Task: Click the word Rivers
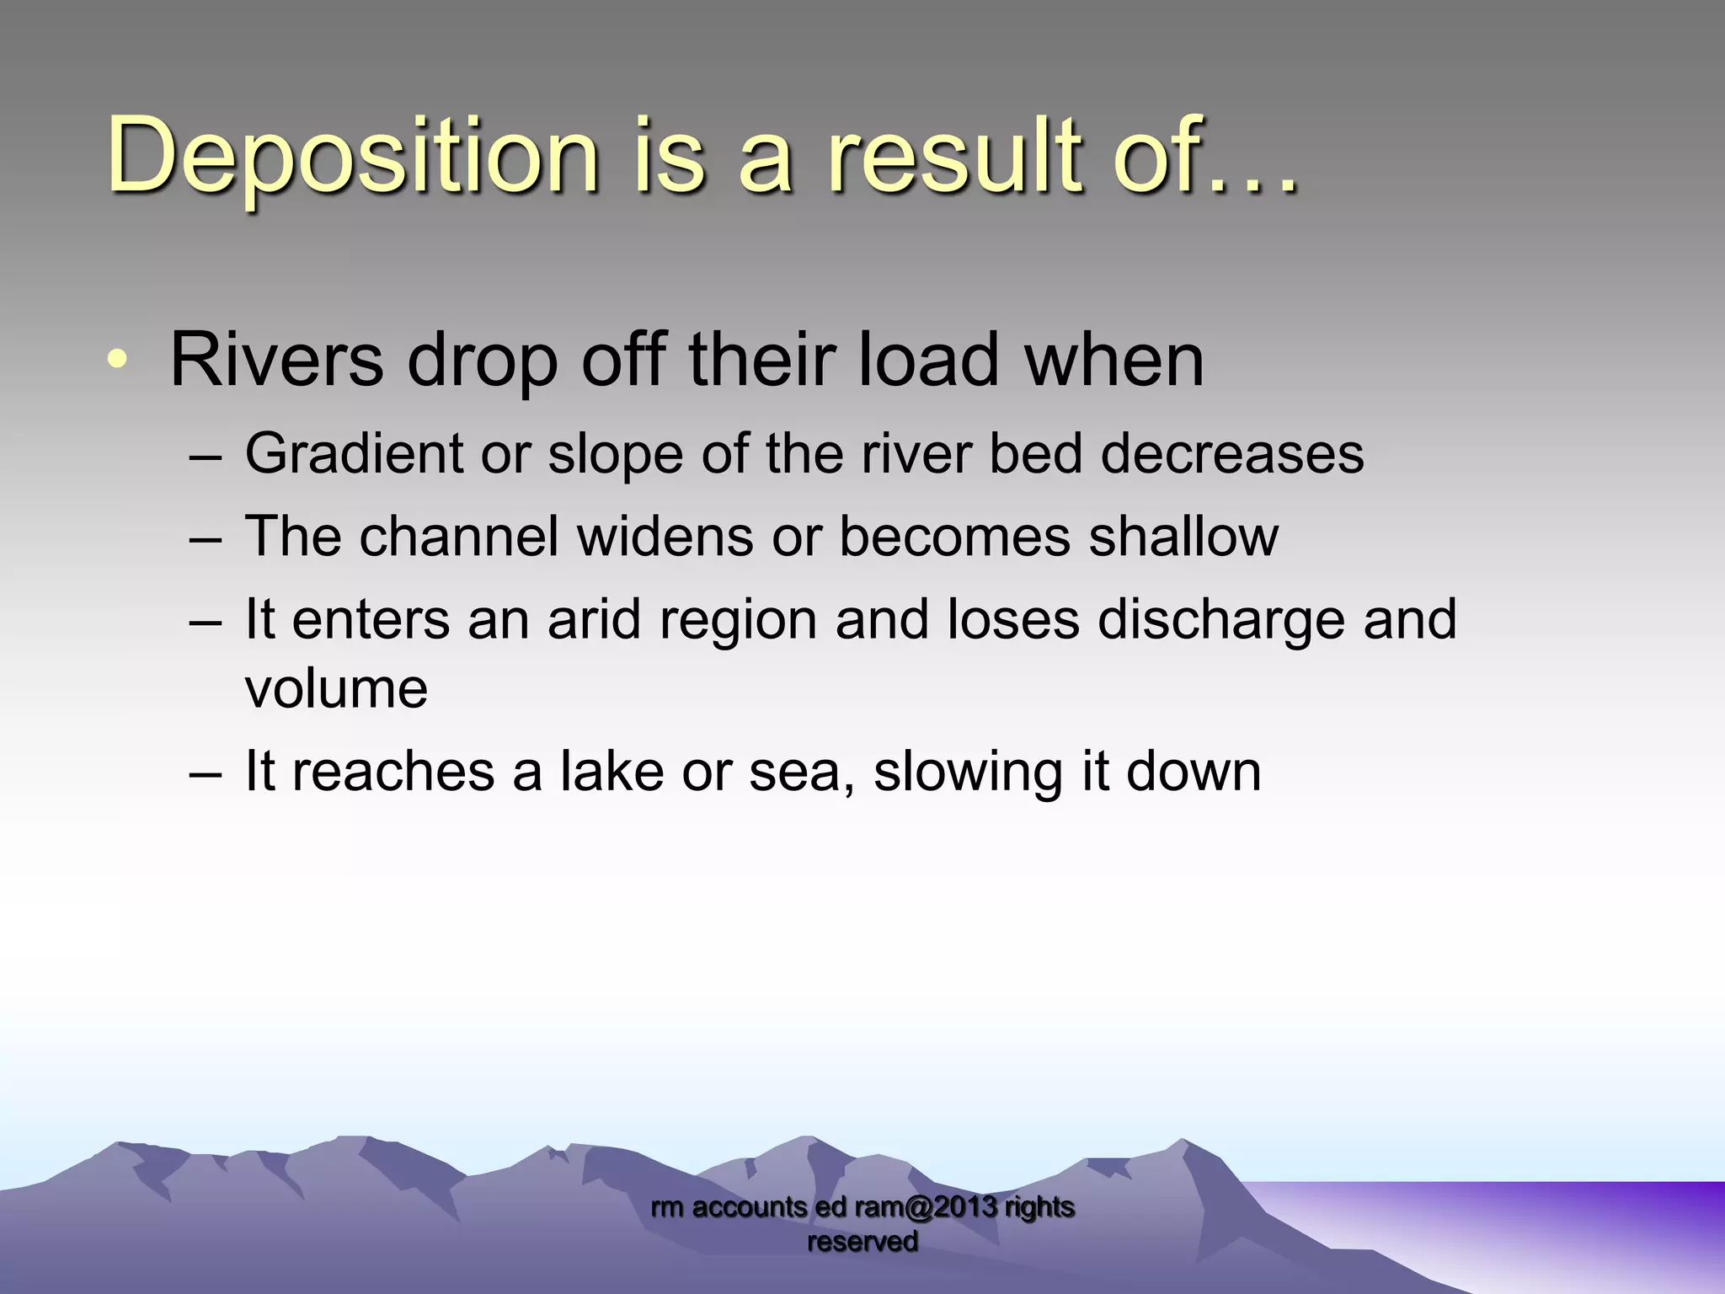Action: point(276,361)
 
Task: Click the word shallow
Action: point(1183,537)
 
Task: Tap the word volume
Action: point(336,689)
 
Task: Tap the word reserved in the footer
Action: point(862,1241)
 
